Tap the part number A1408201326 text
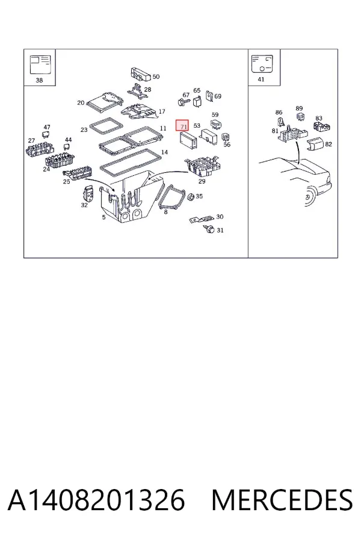click(96, 500)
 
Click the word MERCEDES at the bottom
click(282, 500)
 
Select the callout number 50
click(156, 76)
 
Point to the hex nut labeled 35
click(190, 197)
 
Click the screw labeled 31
click(210, 229)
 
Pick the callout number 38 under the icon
click(39, 80)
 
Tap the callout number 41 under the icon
click(261, 79)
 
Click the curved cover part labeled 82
click(315, 144)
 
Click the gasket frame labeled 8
click(171, 198)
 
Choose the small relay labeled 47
click(46, 135)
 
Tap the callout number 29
click(202, 181)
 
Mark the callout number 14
click(164, 152)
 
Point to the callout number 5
click(103, 217)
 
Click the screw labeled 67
click(183, 102)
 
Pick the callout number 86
click(279, 113)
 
